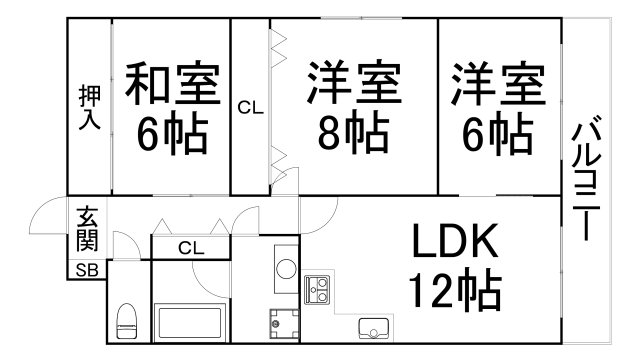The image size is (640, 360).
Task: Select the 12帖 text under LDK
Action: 453,291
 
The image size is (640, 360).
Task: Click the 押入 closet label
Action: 89,107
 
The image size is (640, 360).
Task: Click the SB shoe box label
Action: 86,269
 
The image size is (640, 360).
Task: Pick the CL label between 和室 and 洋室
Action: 250,107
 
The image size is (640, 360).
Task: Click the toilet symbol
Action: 126,321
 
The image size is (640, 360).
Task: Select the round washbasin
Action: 285,268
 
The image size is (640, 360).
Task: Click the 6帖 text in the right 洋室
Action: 497,135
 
